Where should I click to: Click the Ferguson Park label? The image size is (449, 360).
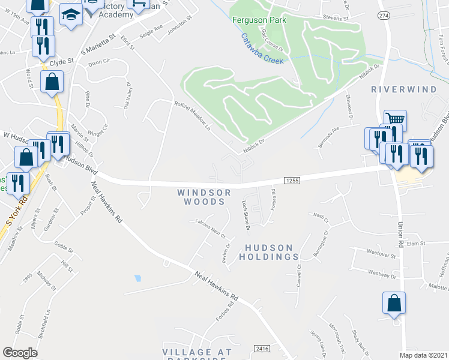pos(259,20)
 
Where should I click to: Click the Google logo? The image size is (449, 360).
pos(20,353)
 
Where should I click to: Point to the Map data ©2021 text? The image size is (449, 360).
pos(424,354)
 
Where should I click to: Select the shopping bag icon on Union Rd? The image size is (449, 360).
pos(394,303)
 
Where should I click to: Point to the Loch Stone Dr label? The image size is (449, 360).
pos(246,215)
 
